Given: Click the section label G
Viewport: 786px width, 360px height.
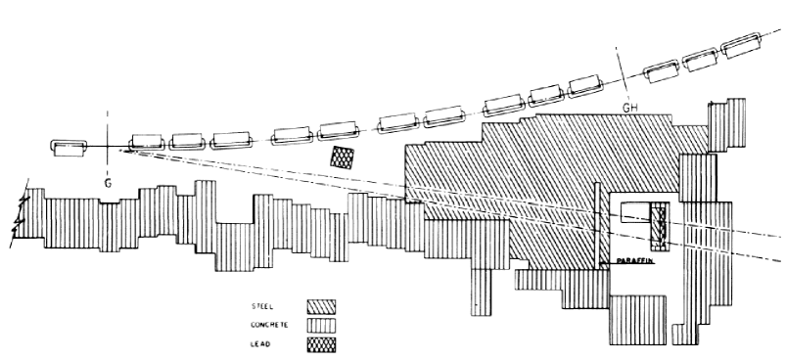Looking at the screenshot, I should click(108, 183).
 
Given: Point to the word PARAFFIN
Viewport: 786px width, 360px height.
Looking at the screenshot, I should click(633, 263).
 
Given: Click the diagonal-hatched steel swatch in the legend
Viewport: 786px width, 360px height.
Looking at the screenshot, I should click(321, 305).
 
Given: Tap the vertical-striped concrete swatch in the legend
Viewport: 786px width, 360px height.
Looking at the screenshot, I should click(321, 324).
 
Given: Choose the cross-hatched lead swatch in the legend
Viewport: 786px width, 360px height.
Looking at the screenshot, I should click(321, 343).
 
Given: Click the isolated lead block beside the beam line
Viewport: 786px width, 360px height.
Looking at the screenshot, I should click(343, 157).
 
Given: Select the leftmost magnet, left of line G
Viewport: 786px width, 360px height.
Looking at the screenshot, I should click(69, 148).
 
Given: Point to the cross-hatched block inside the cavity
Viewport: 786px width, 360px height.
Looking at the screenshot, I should click(660, 223).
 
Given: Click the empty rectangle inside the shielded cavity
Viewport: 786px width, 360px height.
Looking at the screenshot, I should click(635, 216).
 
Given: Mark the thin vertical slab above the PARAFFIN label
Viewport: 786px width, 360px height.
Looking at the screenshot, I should click(596, 230).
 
